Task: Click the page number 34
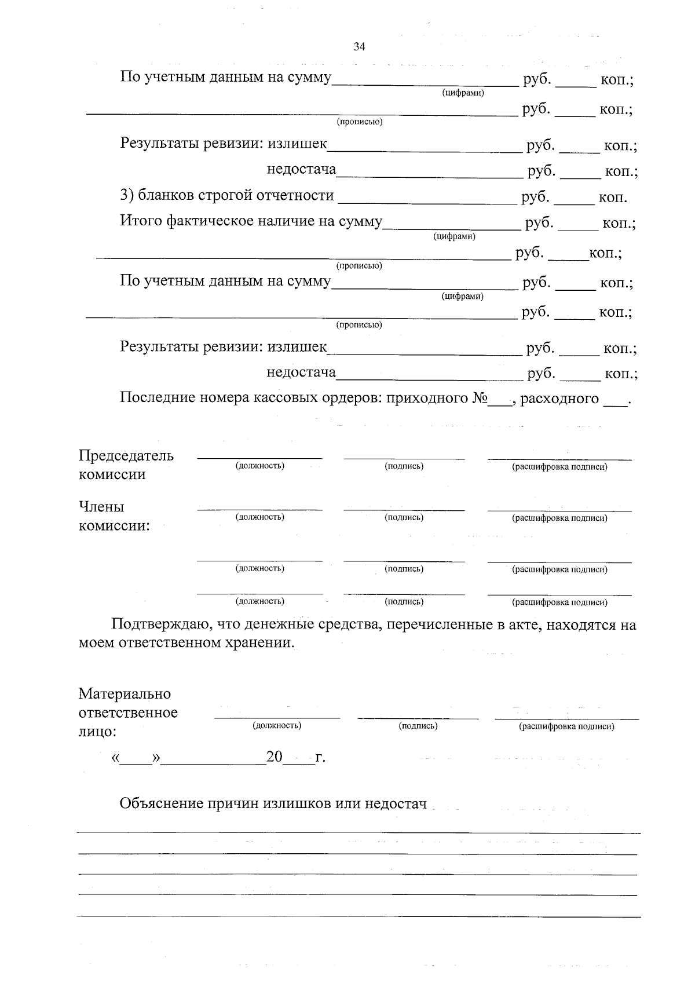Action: coord(359,47)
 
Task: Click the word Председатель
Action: coord(126,455)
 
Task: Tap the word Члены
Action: coord(101,507)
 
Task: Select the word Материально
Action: coord(125,693)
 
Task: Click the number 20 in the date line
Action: coord(274,757)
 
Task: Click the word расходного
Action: coord(559,399)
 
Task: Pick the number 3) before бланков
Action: coord(127,196)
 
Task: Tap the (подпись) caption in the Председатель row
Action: coord(404,466)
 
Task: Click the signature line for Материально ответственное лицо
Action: coord(418,718)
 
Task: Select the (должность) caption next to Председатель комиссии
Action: coord(259,466)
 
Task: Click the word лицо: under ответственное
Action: coord(97,732)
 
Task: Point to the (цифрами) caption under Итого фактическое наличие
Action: coord(454,236)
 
